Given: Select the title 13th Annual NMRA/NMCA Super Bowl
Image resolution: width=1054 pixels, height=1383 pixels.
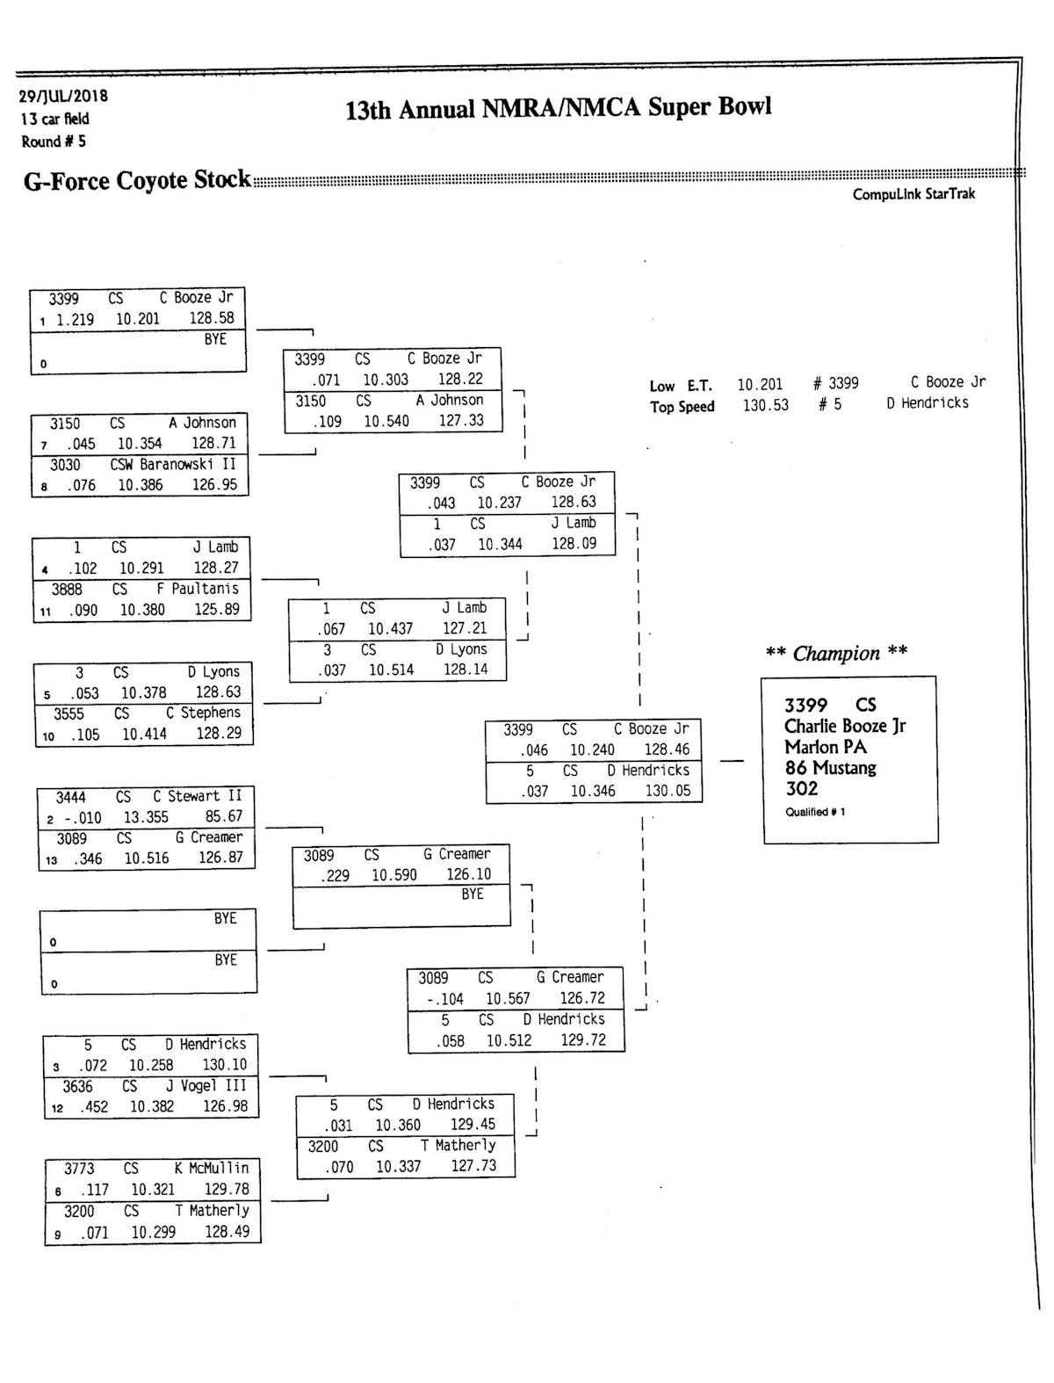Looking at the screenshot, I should pos(559,109).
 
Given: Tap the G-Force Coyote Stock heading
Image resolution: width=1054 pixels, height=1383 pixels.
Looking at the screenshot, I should pos(137,180).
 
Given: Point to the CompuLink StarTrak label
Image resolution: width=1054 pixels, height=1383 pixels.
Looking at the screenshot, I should pos(913,194).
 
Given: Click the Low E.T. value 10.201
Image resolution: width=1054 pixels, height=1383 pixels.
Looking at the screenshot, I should pos(760,384).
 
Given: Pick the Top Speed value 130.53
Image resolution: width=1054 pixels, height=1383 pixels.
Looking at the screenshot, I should pos(766,405).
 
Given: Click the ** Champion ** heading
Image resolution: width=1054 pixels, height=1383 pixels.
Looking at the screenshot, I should pos(836,653).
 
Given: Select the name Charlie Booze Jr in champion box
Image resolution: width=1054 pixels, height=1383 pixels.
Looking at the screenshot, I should pos(844,726).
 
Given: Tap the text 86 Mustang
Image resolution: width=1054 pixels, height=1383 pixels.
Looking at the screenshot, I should pos(830,768).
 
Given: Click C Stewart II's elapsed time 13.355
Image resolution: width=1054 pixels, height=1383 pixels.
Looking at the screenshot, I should pos(145,817).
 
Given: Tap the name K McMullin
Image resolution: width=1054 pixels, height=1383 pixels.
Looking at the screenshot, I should pos(212,1169).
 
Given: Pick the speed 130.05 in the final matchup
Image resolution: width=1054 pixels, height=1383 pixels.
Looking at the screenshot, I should pos(668,791).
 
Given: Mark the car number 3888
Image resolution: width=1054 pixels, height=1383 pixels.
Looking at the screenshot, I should pos(67,589).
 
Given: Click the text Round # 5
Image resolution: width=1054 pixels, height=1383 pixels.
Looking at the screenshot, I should pos(54,141).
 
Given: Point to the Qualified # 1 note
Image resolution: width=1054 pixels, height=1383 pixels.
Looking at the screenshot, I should pos(815,812).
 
